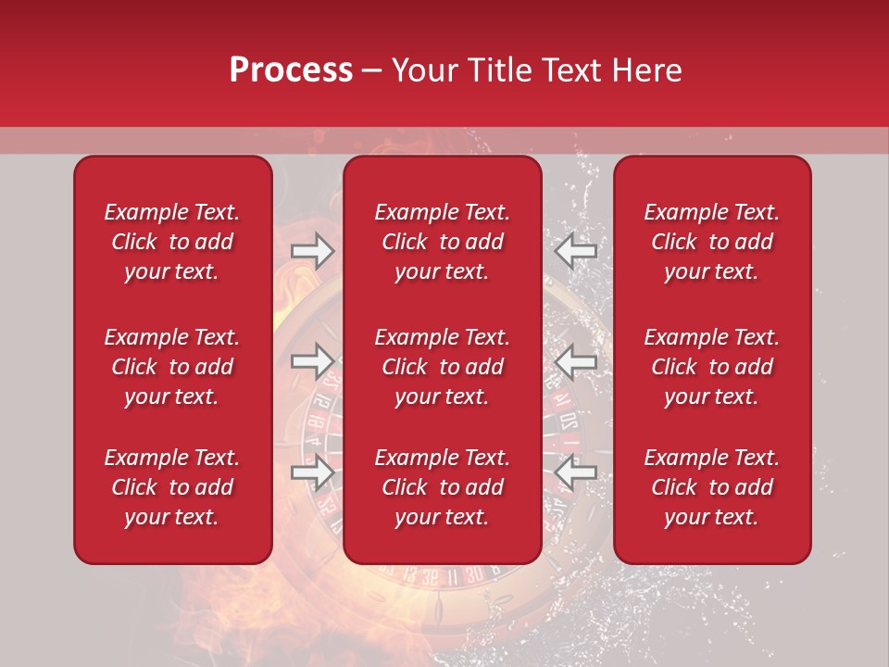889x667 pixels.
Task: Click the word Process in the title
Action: tap(291, 70)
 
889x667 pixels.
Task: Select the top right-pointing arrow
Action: tap(313, 251)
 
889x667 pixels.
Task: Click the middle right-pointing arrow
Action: tap(313, 361)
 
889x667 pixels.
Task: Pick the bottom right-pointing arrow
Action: tap(313, 472)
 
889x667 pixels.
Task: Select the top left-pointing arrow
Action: tap(576, 250)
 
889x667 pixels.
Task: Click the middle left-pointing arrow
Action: tap(576, 361)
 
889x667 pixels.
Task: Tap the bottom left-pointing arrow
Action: tap(576, 472)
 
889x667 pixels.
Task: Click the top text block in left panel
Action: tap(172, 242)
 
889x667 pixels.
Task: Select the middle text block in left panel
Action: tap(172, 367)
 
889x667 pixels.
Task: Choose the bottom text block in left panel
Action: tap(172, 487)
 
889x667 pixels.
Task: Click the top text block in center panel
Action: tap(443, 242)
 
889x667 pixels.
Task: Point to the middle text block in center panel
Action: tap(443, 367)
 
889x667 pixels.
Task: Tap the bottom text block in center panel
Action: tap(443, 487)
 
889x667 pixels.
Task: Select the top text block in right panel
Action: tap(712, 242)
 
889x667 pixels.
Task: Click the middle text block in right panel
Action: tap(712, 367)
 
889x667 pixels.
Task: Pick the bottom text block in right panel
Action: tap(712, 487)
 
